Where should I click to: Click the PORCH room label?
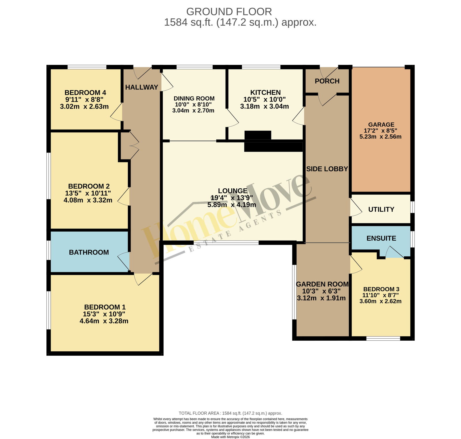click(x=327, y=81)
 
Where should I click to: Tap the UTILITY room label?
click(x=381, y=209)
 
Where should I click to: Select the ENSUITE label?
click(x=381, y=238)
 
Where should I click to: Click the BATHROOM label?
click(x=89, y=252)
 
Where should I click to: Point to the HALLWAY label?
click(x=142, y=87)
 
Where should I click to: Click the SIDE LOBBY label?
click(x=327, y=169)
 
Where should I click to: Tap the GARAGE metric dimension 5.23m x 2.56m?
click(x=380, y=137)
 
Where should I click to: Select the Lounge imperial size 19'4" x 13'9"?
click(x=232, y=198)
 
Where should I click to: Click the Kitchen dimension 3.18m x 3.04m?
click(x=264, y=106)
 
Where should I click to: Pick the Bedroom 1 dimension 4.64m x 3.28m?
click(x=104, y=321)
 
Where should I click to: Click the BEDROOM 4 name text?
click(x=85, y=93)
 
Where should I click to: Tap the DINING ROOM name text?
click(x=194, y=99)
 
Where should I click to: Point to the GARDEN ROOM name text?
click(x=322, y=284)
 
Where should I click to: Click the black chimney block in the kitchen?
click(x=258, y=135)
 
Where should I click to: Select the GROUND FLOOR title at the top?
click(x=229, y=12)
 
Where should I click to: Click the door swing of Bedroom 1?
click(x=142, y=279)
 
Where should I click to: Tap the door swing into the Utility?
click(x=356, y=207)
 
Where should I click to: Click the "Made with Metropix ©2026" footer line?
click(x=231, y=437)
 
